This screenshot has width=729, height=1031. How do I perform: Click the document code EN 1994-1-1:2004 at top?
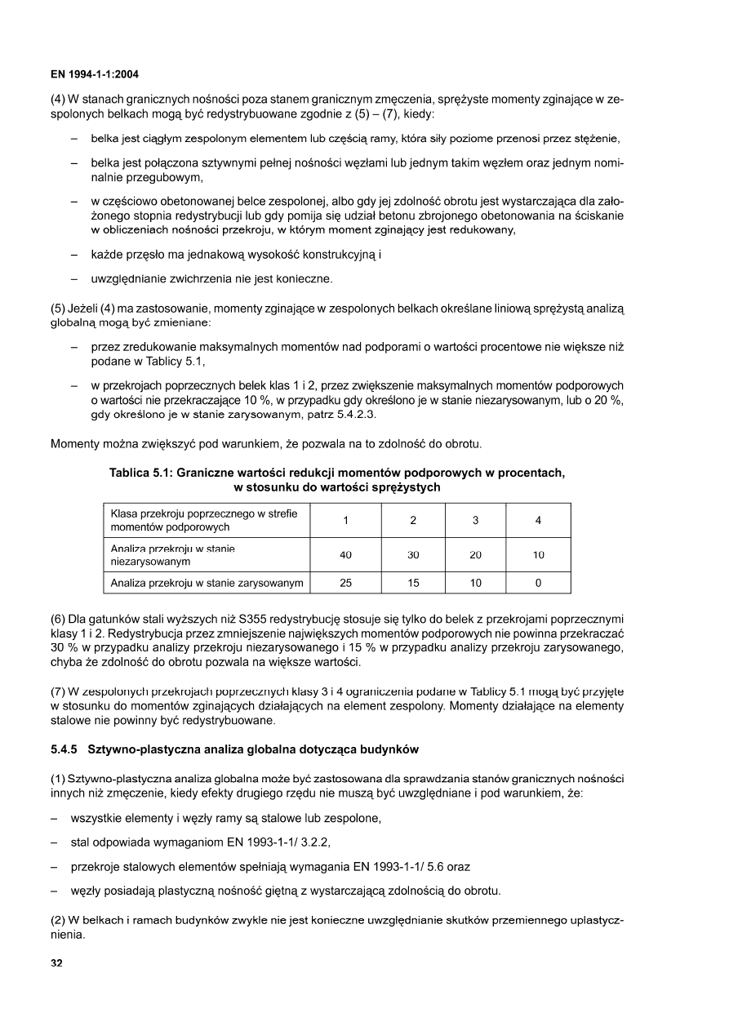(95, 75)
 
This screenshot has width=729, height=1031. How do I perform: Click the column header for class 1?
(345, 520)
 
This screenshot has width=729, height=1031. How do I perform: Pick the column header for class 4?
(538, 520)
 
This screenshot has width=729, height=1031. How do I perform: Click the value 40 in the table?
(345, 555)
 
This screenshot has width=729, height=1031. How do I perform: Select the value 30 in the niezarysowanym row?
(413, 555)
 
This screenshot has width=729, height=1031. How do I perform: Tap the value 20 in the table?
(476, 555)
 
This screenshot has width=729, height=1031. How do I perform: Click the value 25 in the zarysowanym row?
(345, 583)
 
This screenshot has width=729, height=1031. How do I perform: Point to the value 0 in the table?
(538, 583)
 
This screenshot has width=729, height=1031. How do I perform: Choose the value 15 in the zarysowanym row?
(413, 583)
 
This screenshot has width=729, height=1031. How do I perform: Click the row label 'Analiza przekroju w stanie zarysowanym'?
(207, 583)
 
